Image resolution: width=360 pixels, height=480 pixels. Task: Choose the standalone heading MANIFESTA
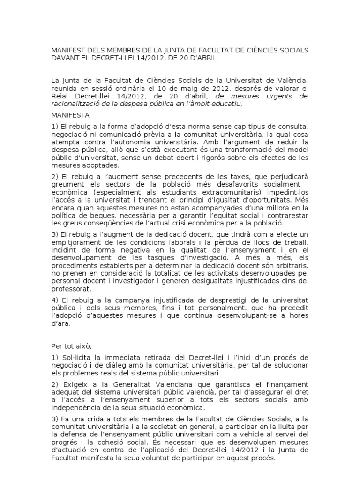coord(71,115)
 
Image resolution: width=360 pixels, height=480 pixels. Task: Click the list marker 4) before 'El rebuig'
coord(55,300)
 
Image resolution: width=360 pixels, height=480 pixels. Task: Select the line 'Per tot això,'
coord(72,346)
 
